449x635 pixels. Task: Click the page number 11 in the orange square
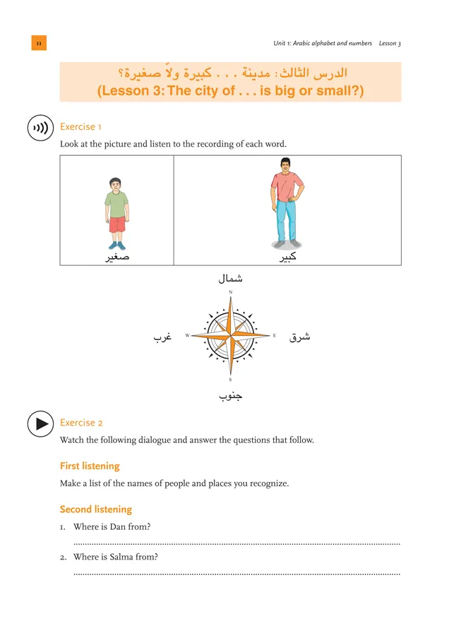39,43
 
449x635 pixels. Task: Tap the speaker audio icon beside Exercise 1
41,128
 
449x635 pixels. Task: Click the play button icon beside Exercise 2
41,423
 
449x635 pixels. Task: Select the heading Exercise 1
81,127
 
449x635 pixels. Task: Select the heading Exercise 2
81,423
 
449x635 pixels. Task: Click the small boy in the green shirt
117,212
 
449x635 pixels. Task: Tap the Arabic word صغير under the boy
117,258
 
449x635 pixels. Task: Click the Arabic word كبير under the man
287,258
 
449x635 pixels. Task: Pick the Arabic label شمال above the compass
231,279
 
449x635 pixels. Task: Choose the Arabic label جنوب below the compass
231,396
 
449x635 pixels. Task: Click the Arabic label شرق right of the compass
300,337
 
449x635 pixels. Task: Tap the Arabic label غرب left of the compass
163,337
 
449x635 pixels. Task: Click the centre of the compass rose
231,336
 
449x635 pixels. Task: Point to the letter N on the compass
231,292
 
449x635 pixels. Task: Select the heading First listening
90,466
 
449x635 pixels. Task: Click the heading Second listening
95,509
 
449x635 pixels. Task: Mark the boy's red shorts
117,224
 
